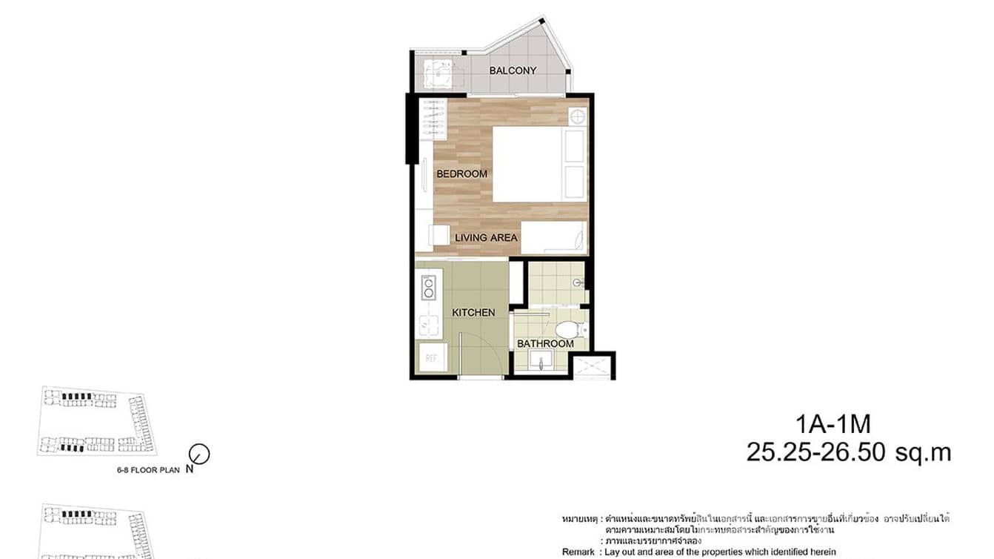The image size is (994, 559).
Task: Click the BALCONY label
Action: (513, 70)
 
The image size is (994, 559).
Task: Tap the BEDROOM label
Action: (461, 173)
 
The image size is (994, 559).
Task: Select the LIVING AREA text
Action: (486, 237)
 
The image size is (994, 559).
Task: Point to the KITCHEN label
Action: (473, 312)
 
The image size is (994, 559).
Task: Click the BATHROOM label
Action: (545, 343)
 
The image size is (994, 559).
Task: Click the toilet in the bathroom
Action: (570, 328)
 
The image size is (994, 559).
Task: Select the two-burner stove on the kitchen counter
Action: (428, 288)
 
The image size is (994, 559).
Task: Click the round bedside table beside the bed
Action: (577, 116)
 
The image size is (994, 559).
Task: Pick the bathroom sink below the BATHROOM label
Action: (541, 360)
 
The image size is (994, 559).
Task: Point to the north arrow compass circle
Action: (199, 454)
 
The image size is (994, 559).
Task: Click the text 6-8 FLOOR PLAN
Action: (148, 469)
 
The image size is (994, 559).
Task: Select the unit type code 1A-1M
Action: (833, 425)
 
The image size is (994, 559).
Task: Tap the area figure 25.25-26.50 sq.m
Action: (848, 452)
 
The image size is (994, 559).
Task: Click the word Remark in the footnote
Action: (578, 552)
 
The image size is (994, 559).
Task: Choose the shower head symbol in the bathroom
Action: (579, 283)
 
